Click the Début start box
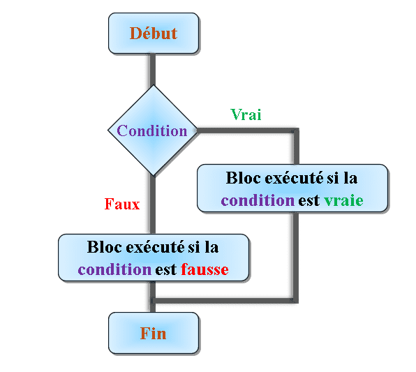click(154, 34)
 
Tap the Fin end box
click(154, 333)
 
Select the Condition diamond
click(153, 131)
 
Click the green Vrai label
click(246, 114)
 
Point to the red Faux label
click(122, 204)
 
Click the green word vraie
click(343, 200)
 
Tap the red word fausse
click(205, 269)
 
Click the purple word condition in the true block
click(258, 200)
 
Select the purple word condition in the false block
click(114, 269)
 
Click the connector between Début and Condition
click(153, 70)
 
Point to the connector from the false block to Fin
click(153, 297)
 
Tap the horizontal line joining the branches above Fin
click(225, 301)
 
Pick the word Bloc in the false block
click(104, 247)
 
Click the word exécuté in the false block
click(155, 247)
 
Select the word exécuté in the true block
click(294, 177)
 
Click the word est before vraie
click(309, 200)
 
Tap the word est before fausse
click(166, 270)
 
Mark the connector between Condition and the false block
click(153, 204)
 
